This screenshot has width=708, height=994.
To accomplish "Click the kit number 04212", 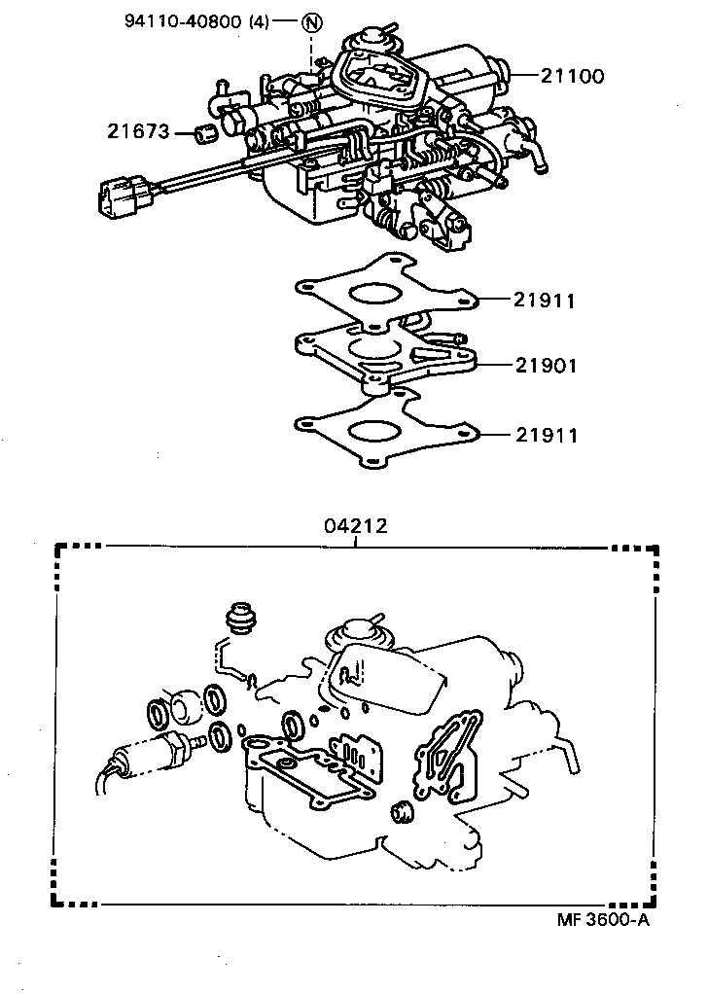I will click(x=356, y=526).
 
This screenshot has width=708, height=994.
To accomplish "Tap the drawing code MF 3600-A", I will click(x=602, y=920).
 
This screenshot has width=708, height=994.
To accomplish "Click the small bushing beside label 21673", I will click(x=205, y=132).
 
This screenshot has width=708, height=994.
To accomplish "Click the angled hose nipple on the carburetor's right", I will click(x=532, y=156).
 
